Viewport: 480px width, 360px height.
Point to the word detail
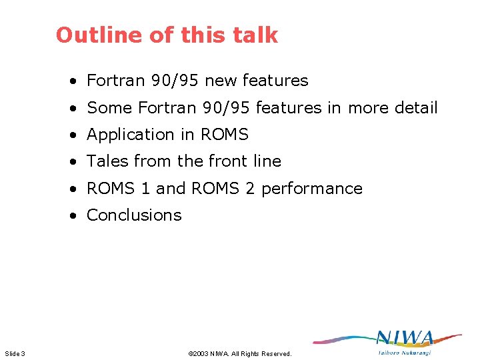point(415,108)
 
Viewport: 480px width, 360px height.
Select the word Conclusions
point(134,215)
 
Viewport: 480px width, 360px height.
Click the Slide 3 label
point(15,353)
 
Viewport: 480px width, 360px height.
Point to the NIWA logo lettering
point(405,339)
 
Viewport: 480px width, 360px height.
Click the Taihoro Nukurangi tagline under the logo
point(405,352)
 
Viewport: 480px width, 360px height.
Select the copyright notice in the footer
point(240,353)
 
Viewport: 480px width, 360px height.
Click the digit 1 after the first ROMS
point(145,189)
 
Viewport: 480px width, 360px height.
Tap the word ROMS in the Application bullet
point(223,135)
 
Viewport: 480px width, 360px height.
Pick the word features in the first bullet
point(275,81)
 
